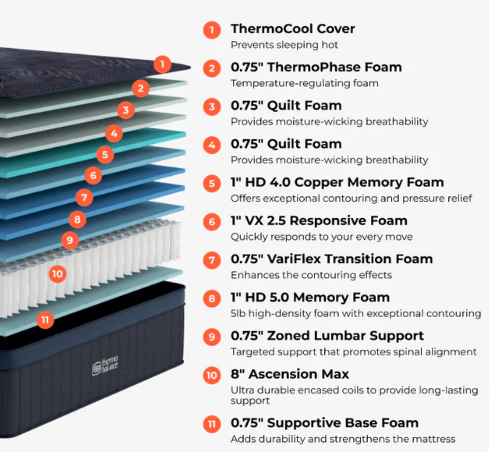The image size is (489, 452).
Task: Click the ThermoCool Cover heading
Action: (292, 29)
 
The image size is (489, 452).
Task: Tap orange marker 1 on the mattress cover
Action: (162, 64)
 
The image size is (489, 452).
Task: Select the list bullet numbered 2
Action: (212, 68)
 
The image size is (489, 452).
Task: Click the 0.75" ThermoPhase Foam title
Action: (316, 67)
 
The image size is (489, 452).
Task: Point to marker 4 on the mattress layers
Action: (114, 134)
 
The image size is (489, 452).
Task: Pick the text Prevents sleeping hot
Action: (284, 45)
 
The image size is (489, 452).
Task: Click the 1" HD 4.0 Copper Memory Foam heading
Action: (337, 182)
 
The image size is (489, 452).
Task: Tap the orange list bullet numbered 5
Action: (212, 183)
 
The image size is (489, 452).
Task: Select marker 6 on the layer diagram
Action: (93, 175)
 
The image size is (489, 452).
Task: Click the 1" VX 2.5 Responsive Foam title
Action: (319, 221)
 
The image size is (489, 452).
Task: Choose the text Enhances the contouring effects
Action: (311, 275)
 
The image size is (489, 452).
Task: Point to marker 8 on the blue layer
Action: (78, 219)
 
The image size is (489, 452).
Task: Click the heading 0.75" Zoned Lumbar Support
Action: (327, 336)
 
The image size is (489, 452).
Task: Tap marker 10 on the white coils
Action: (57, 274)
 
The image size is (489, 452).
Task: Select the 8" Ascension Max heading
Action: (290, 374)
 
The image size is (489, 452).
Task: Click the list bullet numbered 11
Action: (212, 424)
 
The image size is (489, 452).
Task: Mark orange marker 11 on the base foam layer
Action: (45, 320)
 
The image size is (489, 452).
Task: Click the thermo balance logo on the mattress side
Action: (105, 366)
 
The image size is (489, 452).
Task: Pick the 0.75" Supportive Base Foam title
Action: (324, 423)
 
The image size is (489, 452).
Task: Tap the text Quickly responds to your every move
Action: (321, 237)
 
